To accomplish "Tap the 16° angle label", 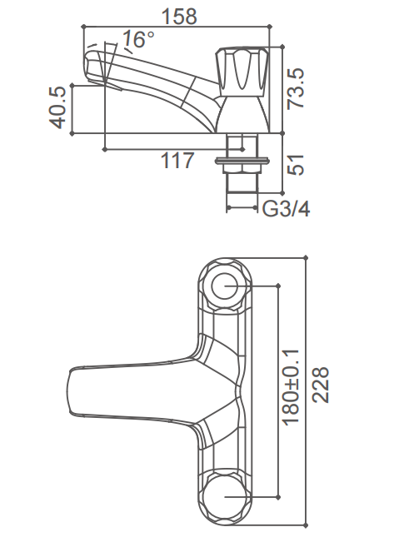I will click(137, 39).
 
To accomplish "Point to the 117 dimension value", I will click(177, 161).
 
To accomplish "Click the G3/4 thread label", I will click(286, 208).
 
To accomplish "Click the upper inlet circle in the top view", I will click(226, 286).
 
